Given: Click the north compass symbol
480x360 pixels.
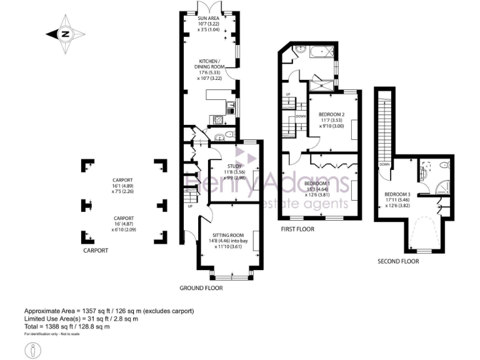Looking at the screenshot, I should point(64,35).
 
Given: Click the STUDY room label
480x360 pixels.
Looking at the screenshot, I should point(234,165).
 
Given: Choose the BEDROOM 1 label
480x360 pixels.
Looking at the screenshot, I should point(319,183).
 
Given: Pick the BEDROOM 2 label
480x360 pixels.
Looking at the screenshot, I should point(331,115).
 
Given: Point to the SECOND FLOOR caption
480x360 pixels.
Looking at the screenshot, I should point(398,261).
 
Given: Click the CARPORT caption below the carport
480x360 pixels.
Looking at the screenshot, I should point(96,250).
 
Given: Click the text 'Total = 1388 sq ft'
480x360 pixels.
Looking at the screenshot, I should point(67,326).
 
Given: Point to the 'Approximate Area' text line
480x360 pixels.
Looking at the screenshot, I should point(109,311).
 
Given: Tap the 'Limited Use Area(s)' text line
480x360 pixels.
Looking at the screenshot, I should point(81,319).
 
